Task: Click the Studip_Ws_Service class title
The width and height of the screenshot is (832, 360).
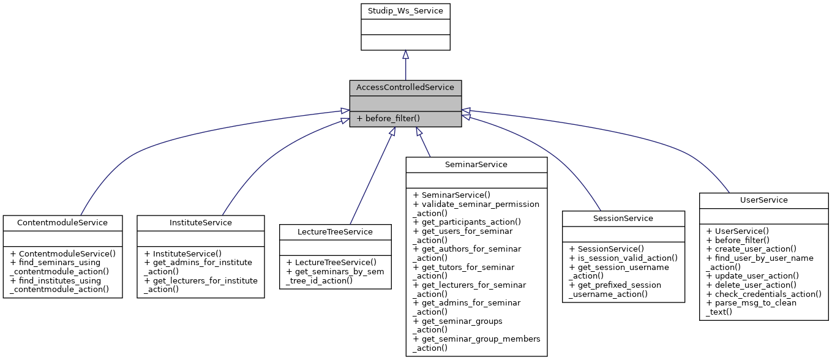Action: tap(405, 11)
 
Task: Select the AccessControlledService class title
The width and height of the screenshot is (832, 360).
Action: tap(405, 88)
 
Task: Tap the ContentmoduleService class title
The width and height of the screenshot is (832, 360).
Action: tap(64, 223)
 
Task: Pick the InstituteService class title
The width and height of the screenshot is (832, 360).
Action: tap(201, 223)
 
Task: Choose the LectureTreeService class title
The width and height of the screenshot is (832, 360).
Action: tap(335, 231)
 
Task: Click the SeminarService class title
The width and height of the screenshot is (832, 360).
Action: tap(476, 165)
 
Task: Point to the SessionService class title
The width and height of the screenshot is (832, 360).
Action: tap(623, 219)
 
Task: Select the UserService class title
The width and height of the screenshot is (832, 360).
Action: tap(763, 200)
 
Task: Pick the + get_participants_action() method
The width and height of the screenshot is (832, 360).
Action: tap(467, 222)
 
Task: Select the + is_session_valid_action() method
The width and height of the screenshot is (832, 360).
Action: tap(623, 258)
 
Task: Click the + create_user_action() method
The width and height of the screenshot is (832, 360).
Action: tap(751, 249)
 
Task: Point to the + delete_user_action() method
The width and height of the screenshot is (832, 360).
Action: tap(751, 285)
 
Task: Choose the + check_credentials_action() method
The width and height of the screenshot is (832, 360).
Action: tap(763, 294)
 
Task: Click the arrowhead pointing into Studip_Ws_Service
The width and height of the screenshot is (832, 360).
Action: tap(405, 55)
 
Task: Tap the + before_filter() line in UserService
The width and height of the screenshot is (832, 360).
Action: tap(737, 240)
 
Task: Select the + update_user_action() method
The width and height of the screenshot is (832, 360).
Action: tap(752, 276)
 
